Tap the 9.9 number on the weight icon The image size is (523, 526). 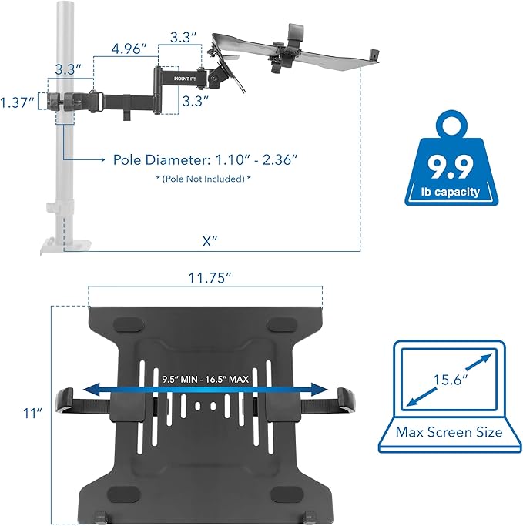(451, 165)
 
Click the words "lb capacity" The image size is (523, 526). (451, 192)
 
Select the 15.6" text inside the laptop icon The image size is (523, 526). (450, 379)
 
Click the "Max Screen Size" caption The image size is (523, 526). (449, 432)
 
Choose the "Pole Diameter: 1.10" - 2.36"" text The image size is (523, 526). (205, 159)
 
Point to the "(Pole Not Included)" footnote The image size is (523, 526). (203, 179)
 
